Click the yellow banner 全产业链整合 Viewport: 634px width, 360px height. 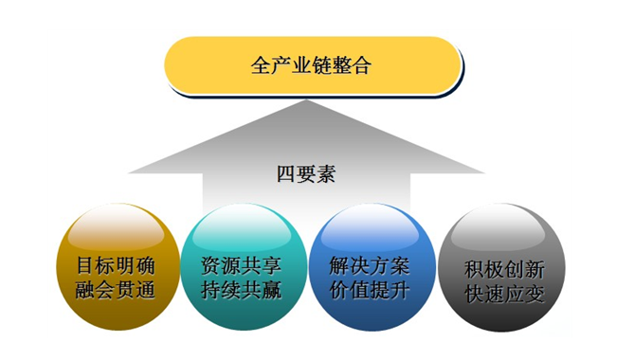312,65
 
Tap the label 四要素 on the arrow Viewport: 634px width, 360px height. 306,174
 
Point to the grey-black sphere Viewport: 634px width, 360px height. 503,271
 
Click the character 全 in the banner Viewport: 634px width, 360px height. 262,66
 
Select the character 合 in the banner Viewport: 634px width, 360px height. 362,66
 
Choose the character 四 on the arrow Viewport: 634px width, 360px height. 285,174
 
